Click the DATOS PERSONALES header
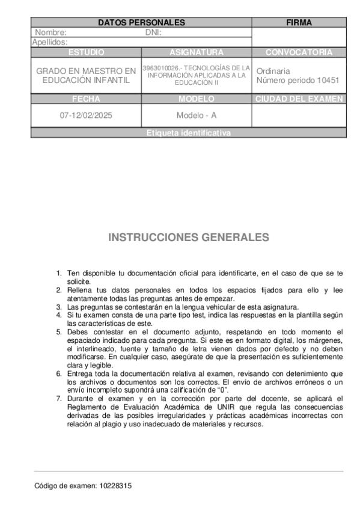[141, 23]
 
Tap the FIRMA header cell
[299, 23]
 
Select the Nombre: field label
[51, 32]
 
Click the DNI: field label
[154, 32]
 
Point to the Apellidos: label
[50, 42]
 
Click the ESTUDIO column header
[86, 52]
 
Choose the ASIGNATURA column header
[196, 52]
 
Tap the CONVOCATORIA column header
[299, 52]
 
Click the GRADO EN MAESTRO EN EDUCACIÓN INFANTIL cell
[86, 75]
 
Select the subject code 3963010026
[160, 68]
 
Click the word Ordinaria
[273, 70]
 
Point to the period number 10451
[327, 80]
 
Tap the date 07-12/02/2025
[86, 115]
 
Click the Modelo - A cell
[196, 115]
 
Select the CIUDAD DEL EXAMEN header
[299, 99]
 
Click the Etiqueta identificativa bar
[188, 134]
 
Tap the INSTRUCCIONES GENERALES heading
[188, 237]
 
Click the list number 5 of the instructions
[59, 331]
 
